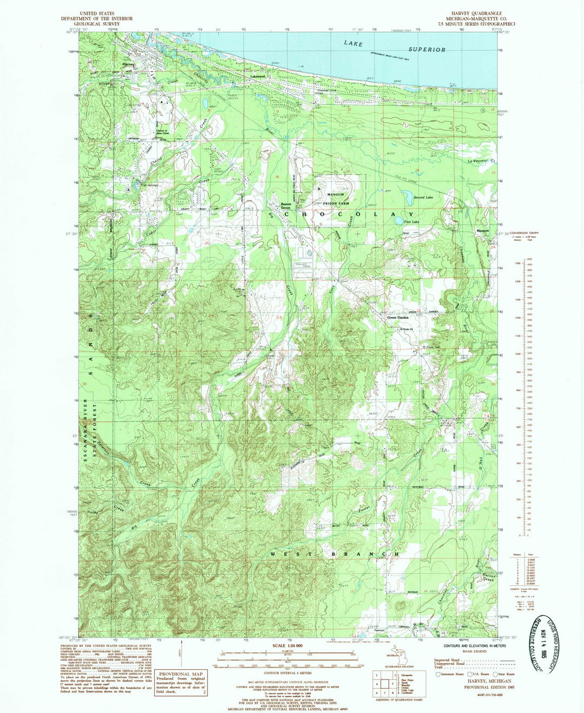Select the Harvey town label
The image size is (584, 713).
click(128, 64)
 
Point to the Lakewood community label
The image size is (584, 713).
click(257, 77)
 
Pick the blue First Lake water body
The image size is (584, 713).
click(399, 221)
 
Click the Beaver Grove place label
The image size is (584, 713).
click(286, 205)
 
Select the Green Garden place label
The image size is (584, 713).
click(398, 317)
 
